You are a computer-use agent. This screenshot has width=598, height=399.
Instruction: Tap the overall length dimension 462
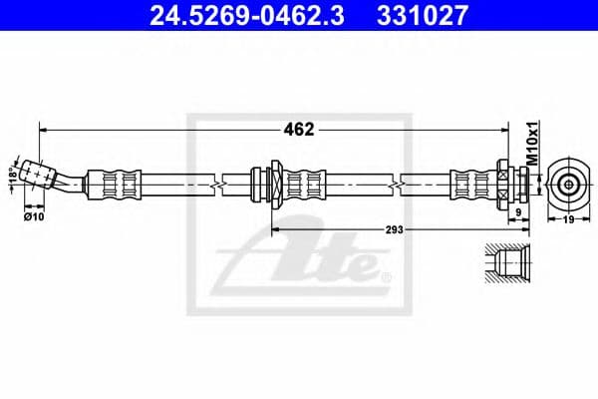pos(300,129)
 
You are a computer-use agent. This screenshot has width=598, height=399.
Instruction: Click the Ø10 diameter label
pos(33,215)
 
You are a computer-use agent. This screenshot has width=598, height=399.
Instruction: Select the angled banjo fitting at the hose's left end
pos(44,176)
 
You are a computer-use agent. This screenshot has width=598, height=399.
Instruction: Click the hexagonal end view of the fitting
pos(567,183)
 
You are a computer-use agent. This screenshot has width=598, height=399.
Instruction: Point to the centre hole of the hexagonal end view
pos(567,183)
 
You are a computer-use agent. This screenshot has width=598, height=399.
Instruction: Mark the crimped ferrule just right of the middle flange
pos(305,183)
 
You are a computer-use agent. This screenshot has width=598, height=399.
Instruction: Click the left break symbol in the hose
pos(217,184)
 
